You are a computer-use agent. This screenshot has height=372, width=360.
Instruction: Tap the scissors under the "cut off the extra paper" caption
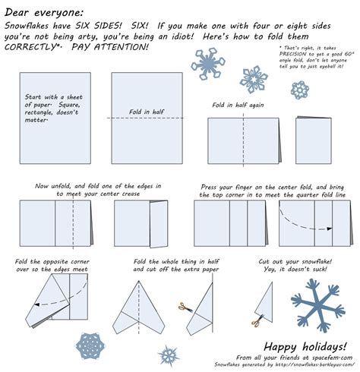183,308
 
